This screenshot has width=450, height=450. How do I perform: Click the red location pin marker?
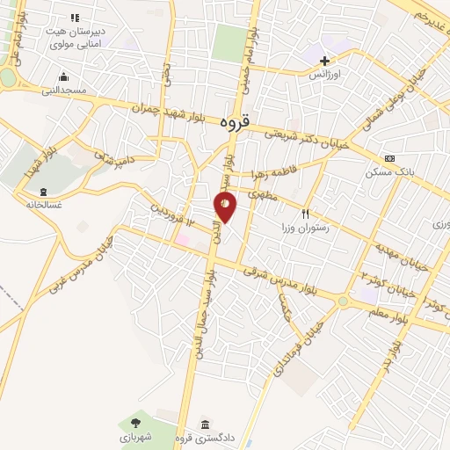click(225, 207)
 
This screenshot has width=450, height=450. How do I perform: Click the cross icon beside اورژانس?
click(325, 62)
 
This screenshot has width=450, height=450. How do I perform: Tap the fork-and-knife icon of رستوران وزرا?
click(306, 214)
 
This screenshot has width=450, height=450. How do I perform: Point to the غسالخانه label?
click(41, 204)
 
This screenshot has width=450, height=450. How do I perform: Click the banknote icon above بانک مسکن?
click(390, 159)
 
